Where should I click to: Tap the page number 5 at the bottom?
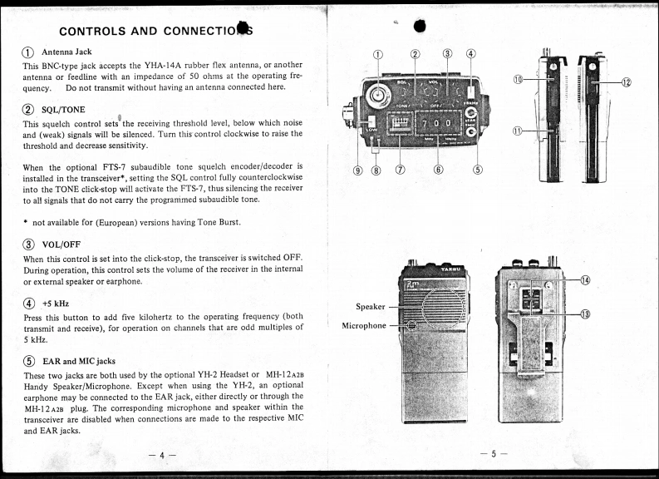pos(493,454)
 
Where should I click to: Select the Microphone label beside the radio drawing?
pos(364,325)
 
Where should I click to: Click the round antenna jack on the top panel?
pos(381,96)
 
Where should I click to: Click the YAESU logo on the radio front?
pos(452,269)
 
